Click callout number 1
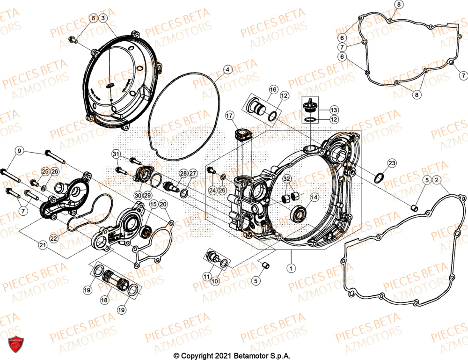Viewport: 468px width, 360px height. (291, 269)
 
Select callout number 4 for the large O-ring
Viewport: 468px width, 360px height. (227, 70)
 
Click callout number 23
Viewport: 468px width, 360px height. (391, 163)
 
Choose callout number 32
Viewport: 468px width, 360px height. (286, 179)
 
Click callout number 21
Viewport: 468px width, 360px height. (42, 244)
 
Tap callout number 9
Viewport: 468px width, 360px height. (19, 151)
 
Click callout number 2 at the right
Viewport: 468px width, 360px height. (436, 180)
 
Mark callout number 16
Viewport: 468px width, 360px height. (273, 89)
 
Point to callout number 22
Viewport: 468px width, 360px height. (53, 238)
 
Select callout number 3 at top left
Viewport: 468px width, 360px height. (103, 18)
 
